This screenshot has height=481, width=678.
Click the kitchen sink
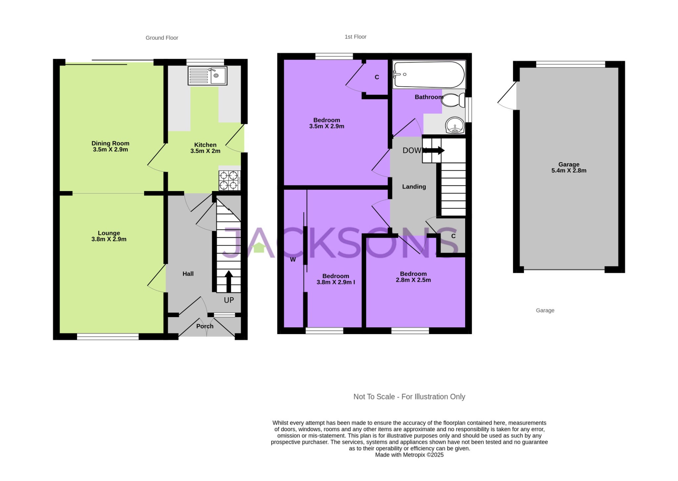pyautogui.click(x=207, y=76)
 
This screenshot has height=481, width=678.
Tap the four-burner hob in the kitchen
pyautogui.click(x=229, y=180)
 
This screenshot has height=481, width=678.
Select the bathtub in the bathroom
pyautogui.click(x=429, y=74)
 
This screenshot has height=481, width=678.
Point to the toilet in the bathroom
pyautogui.click(x=453, y=100)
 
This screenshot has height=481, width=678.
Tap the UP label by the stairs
pyautogui.click(x=229, y=300)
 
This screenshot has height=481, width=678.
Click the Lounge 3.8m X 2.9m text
pyautogui.click(x=109, y=236)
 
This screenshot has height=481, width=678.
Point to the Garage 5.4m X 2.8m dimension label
pyautogui.click(x=569, y=168)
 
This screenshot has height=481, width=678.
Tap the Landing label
pyautogui.click(x=414, y=187)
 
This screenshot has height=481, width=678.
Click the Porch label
pyautogui.click(x=205, y=326)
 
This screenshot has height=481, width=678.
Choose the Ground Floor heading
pyautogui.click(x=162, y=38)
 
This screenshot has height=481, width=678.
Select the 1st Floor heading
pyautogui.click(x=355, y=37)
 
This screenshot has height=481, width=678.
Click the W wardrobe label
pyautogui.click(x=293, y=260)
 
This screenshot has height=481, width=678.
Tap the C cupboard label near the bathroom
pyautogui.click(x=377, y=77)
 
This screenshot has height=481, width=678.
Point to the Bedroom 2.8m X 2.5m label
pyautogui.click(x=413, y=277)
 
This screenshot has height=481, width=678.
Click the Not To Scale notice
pyautogui.click(x=409, y=397)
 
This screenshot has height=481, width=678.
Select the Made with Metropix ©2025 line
pyautogui.click(x=409, y=455)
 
